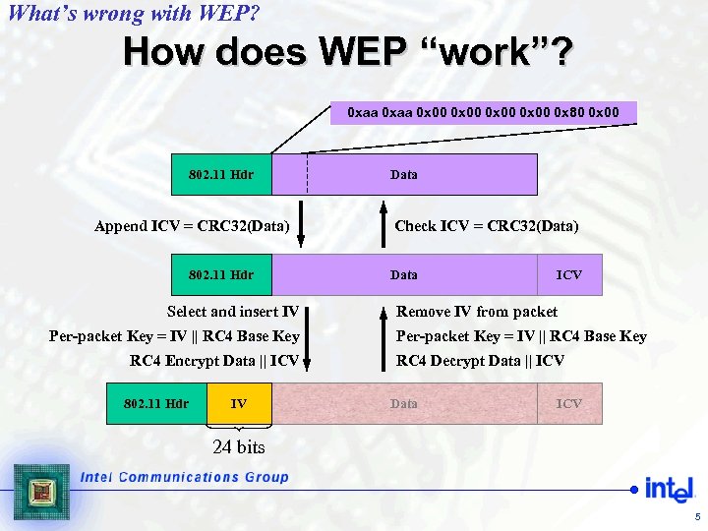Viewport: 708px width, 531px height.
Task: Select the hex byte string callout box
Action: pos(483,112)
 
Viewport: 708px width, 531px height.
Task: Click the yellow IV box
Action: pos(239,403)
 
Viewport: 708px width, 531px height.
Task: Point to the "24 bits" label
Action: pos(238,447)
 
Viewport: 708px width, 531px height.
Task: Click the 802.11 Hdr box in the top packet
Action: pos(221,175)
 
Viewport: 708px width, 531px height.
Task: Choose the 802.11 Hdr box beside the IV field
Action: pos(157,403)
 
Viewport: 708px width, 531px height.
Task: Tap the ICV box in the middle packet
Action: pos(568,275)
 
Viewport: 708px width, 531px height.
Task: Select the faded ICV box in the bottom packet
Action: pos(569,403)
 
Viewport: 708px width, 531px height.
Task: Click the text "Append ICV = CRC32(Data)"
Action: pos(192,226)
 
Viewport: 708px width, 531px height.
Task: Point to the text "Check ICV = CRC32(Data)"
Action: pos(487,226)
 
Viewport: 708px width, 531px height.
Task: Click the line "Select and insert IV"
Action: pos(233,312)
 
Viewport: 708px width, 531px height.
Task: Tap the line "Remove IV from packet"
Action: pos(476,312)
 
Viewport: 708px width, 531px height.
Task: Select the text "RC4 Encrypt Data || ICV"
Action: pos(214,361)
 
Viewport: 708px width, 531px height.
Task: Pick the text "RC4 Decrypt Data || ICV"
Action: pos(480,361)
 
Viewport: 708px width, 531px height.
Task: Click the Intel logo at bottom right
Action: pos(669,489)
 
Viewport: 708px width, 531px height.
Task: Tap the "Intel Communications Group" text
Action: pos(185,478)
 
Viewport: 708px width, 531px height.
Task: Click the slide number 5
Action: pos(697,517)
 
